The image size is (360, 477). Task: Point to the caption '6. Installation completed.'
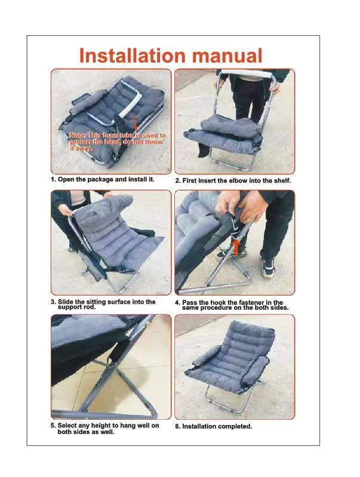point(213,426)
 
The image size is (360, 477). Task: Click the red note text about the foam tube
point(117,142)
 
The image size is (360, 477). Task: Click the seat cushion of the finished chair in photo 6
point(224,373)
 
